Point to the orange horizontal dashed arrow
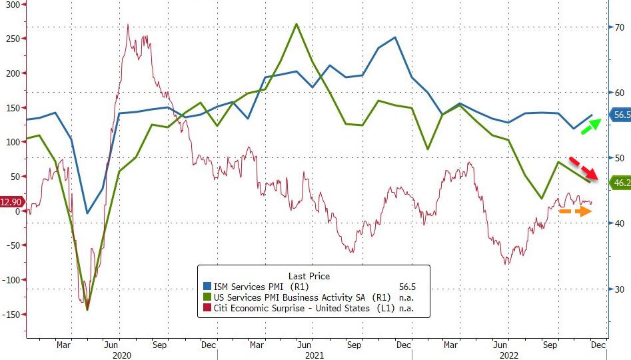point(574,211)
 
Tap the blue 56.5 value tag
point(621,115)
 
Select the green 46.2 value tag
point(621,182)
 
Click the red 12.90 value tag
point(12,201)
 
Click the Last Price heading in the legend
point(309,276)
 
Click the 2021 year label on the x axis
point(315,355)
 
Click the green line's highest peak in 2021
point(297,24)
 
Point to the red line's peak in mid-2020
point(128,25)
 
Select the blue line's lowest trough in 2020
point(87,213)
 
